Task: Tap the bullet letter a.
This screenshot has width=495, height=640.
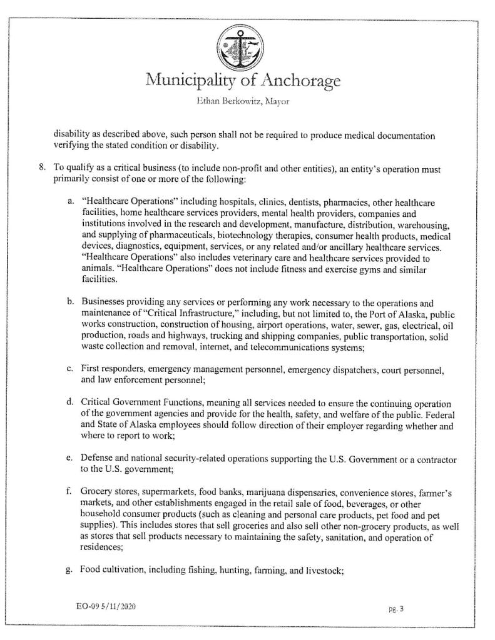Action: coord(71,203)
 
